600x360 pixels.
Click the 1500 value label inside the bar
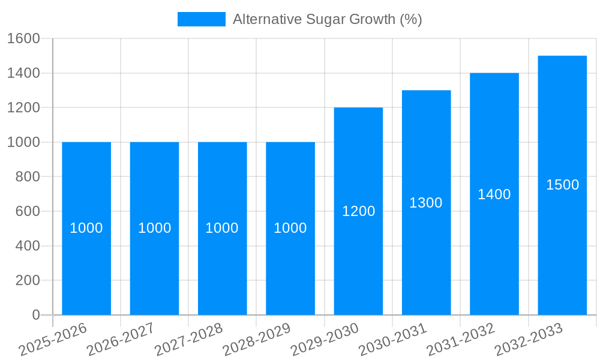point(562,185)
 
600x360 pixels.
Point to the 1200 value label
point(358,211)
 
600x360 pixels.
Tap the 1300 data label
point(426,203)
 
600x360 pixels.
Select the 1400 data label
point(494,194)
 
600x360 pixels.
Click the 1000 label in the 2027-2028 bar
point(222,228)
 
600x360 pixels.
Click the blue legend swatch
point(202,19)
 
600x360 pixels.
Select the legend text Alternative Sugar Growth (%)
point(327,19)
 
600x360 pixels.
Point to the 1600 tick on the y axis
point(23,39)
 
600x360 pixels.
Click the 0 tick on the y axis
point(35,315)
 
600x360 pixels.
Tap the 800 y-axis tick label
point(27,177)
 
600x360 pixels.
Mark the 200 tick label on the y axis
point(27,280)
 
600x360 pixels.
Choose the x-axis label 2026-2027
point(121,339)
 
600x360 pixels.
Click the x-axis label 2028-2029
point(256,339)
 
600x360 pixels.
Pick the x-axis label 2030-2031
point(392,339)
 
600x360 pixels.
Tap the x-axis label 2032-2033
point(529,339)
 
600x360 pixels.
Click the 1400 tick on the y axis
point(23,73)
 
